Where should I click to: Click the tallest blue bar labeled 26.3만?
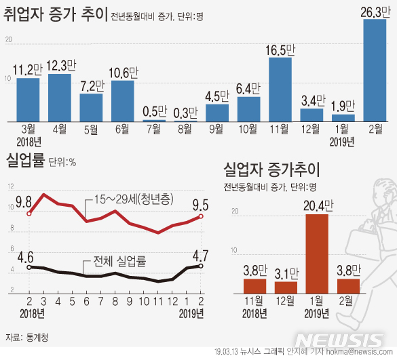click(x=375, y=70)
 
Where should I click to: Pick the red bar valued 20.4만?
click(x=316, y=254)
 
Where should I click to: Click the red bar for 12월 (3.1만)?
click(x=286, y=287)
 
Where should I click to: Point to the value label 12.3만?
click(x=60, y=64)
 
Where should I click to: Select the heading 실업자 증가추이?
click(x=271, y=167)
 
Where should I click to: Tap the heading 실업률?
click(x=24, y=161)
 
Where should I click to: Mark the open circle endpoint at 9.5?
click(x=201, y=216)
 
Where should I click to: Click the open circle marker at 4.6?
click(x=29, y=267)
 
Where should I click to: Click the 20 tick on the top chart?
click(x=8, y=41)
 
